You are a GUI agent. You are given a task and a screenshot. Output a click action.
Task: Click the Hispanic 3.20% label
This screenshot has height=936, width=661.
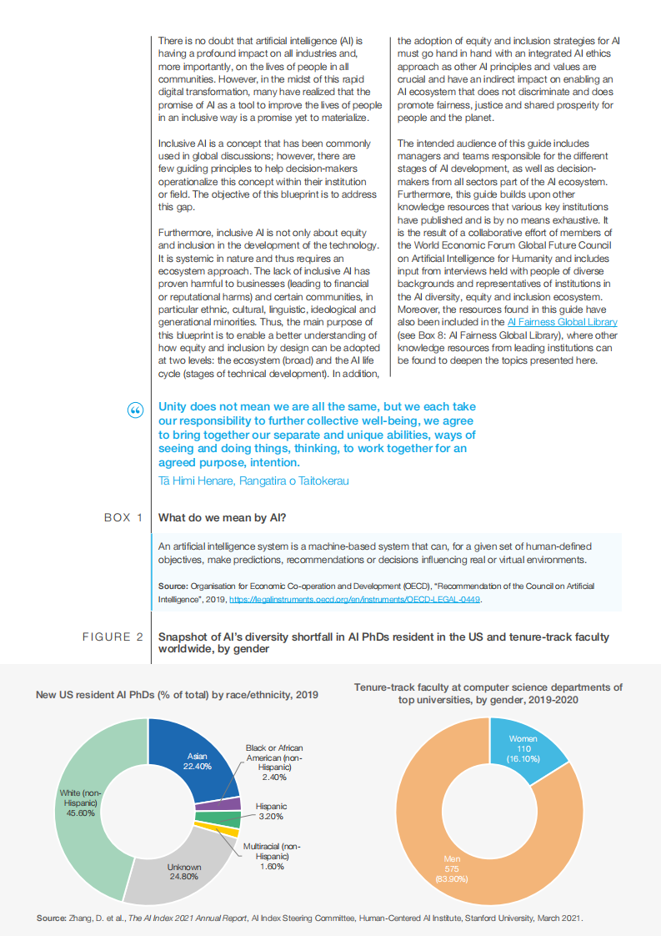(271, 812)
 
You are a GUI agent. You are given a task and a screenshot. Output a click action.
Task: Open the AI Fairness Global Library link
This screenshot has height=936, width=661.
(562, 321)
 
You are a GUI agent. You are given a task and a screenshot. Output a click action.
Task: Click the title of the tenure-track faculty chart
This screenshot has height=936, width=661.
(488, 693)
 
